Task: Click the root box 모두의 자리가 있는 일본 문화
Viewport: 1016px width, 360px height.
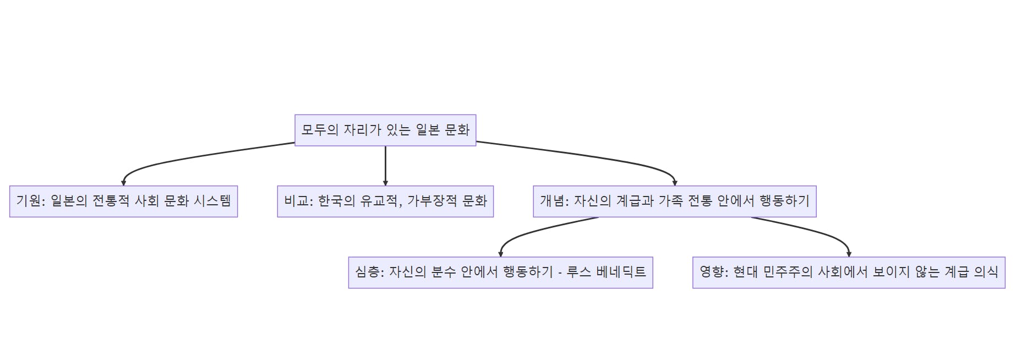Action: coord(385,130)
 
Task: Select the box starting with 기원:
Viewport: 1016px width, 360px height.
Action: coord(123,201)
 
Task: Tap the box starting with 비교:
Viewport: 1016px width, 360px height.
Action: coord(385,201)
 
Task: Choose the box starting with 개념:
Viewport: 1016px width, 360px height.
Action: coord(674,201)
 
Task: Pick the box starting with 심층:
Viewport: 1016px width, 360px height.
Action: coord(500,272)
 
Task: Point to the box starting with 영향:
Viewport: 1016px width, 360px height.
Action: coord(848,272)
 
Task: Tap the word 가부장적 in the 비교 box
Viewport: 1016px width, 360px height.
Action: coord(432,201)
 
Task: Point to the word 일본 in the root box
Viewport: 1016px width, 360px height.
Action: coord(428,130)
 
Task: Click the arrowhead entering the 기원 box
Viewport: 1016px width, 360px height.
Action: coord(124,183)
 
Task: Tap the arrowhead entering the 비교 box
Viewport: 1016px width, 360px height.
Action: coord(385,183)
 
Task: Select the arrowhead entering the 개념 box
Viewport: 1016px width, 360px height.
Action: coord(675,183)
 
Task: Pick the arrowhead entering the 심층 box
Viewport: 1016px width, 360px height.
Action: coord(501,254)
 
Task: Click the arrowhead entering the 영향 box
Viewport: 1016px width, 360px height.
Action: coord(849,254)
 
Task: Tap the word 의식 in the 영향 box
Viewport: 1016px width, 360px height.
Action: coord(986,272)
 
